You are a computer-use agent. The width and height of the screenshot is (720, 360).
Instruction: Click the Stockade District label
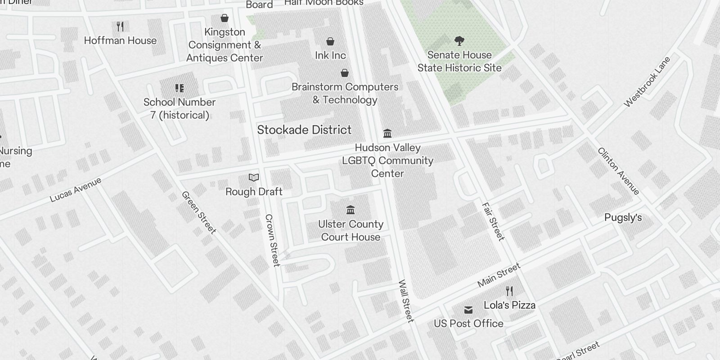point(304,130)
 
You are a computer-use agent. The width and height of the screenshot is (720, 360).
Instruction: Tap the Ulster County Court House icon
point(351,210)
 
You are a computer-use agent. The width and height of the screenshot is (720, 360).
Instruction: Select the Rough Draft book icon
point(254,178)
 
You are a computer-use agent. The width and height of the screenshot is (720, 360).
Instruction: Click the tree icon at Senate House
point(459,41)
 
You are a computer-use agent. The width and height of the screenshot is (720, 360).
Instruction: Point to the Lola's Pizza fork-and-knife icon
point(509,291)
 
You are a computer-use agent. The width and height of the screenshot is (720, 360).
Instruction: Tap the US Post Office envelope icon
point(468,310)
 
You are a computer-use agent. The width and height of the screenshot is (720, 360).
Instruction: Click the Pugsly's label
point(623,218)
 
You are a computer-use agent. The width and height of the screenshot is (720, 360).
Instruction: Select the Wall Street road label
point(405,301)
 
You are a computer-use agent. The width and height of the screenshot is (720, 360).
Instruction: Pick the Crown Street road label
point(273,240)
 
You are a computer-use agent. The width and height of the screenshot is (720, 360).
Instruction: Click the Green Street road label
point(199,212)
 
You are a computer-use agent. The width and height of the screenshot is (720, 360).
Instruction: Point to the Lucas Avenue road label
point(76,189)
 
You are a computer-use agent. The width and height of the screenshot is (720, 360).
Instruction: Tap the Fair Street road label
point(493,221)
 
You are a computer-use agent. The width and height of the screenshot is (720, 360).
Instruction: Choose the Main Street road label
point(499,275)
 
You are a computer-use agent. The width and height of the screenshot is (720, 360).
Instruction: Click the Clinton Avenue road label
point(618,171)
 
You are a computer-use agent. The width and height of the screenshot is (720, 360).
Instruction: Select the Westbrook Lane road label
point(647,82)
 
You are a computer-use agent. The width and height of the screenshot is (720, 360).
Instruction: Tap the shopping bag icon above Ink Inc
point(330,42)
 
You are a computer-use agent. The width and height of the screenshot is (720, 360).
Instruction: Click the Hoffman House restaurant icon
point(120,27)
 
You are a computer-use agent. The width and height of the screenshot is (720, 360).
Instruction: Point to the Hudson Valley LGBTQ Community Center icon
point(387,134)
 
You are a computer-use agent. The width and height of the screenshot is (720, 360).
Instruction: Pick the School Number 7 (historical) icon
point(180,88)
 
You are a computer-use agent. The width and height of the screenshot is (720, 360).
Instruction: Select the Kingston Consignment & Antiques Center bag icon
point(224,18)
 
